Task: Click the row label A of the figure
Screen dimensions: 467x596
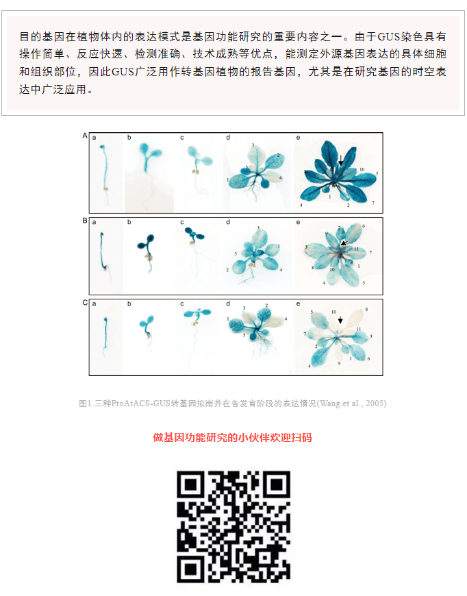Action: [85, 136]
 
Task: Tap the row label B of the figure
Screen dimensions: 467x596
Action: [85, 221]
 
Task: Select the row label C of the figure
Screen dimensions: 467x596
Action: [85, 303]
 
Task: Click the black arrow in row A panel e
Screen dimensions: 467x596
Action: [341, 160]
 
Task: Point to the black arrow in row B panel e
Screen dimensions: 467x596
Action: [344, 243]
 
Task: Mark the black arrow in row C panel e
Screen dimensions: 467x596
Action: [340, 320]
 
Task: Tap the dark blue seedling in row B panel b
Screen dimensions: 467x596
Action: [147, 251]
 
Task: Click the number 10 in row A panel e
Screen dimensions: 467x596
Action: [362, 169]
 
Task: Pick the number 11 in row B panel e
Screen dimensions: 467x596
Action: [357, 249]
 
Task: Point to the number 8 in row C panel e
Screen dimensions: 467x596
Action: [366, 310]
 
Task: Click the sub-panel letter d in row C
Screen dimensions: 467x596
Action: [227, 303]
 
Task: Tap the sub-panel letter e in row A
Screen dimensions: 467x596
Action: [298, 138]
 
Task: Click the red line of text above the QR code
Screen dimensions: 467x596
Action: [233, 438]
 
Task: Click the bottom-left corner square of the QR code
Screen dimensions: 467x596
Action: [190, 570]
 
